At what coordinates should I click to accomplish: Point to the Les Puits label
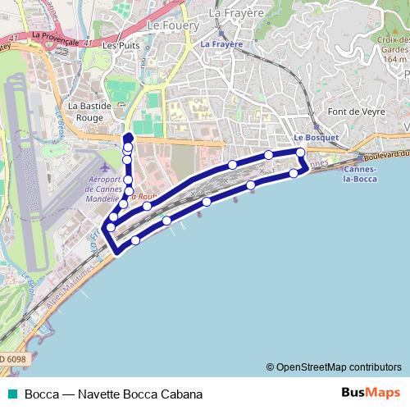[x=121, y=46]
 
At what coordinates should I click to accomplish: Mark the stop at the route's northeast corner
[x=301, y=153]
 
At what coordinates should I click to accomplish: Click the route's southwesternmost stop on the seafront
[x=135, y=239]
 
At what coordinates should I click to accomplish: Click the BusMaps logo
[x=371, y=393]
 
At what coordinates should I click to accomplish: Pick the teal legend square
[x=12, y=394]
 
